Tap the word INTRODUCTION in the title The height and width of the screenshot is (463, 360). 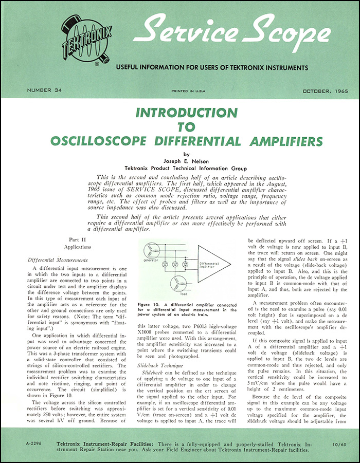click(180, 113)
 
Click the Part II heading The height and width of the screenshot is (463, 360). click(77, 239)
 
